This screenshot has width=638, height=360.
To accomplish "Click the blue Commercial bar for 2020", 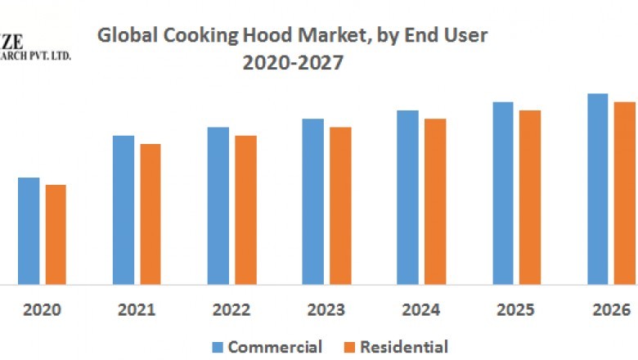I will click(29, 231).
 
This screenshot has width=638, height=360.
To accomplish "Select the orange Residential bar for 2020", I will click(56, 235).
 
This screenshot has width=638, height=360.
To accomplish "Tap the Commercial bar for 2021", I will click(124, 210).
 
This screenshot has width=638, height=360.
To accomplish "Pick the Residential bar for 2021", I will click(151, 214).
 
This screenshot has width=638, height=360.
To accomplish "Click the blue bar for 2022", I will click(218, 206).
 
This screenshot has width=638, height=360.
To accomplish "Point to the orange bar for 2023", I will click(340, 206).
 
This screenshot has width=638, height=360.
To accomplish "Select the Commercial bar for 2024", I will click(408, 197).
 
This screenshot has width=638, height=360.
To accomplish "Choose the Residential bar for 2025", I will click(530, 197).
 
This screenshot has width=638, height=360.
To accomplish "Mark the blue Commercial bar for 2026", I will click(598, 189).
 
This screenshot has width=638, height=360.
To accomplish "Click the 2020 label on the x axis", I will click(42, 310).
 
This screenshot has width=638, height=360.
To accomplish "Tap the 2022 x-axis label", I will click(231, 310).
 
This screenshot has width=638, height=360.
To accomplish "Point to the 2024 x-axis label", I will click(421, 310).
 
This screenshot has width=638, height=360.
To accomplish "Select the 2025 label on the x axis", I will click(516, 310).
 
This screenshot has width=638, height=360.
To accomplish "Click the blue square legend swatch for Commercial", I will click(218, 347).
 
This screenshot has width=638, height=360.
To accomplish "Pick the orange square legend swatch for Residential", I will click(349, 347).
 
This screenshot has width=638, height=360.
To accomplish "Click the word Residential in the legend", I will click(404, 347).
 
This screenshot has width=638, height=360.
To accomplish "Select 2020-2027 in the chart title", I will click(292, 62).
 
